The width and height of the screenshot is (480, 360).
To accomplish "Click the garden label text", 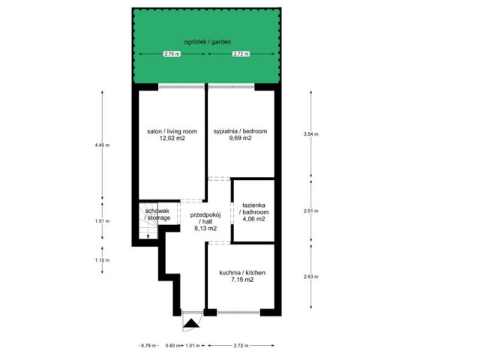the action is tap(207, 42).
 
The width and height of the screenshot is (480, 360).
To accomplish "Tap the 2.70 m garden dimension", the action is tap(172, 54).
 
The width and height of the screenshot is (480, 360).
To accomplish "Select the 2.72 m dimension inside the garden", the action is tap(241, 54).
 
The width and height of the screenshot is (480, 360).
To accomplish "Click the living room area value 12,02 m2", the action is tap(172, 138).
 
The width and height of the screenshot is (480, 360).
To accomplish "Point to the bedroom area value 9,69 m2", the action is tap(240, 138).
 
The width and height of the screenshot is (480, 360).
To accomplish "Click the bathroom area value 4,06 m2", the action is tap(253, 218).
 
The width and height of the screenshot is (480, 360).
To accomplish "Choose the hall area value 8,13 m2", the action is tap(205, 228).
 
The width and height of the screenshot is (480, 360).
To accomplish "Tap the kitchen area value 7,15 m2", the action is tap(242, 279).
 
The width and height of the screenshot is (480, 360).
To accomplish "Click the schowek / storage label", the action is tap(157, 214).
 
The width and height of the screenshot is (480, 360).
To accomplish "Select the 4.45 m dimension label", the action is tap(102, 145).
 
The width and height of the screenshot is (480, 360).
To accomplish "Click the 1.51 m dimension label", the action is tap(102, 220).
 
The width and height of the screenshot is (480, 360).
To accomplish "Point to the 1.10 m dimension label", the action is tap(102, 260).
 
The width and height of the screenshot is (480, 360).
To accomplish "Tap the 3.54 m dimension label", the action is tap(311, 133).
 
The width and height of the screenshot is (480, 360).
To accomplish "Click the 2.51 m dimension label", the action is tap(311, 211).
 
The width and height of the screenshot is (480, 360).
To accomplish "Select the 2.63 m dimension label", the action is tap(311, 277).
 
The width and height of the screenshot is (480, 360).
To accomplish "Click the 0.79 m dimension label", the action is tap(148, 346).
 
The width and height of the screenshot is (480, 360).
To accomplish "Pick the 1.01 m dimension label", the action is tap(193, 346).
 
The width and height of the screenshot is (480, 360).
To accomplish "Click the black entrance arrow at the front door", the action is tap(192, 323).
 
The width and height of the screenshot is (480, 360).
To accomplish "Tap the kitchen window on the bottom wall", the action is tap(238, 313).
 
